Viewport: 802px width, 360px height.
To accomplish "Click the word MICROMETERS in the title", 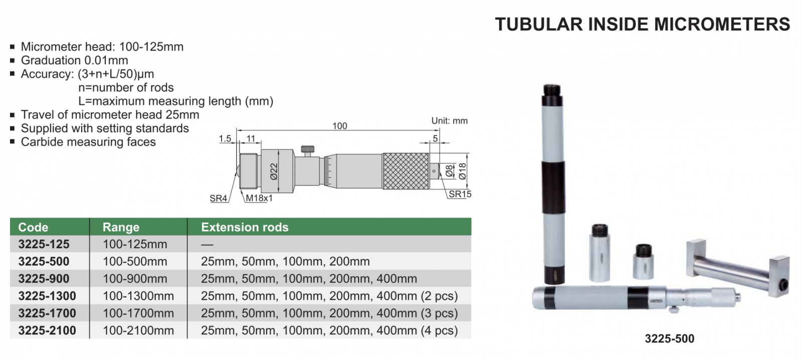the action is pos(722,25).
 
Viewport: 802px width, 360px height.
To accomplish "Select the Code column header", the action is pos(33,227).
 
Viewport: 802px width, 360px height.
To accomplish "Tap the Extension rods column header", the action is pos(245,227).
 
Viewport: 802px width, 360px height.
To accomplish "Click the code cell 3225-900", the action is pos(44,279).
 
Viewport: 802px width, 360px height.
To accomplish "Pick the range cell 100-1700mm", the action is pos(138,313).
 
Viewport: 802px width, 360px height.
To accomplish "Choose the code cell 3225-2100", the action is pos(47,330).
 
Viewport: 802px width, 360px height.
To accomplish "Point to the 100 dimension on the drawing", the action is pos(339,126).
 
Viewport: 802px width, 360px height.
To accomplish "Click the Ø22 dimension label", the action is pos(274,171).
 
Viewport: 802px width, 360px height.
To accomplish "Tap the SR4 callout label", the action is pos(219,198).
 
